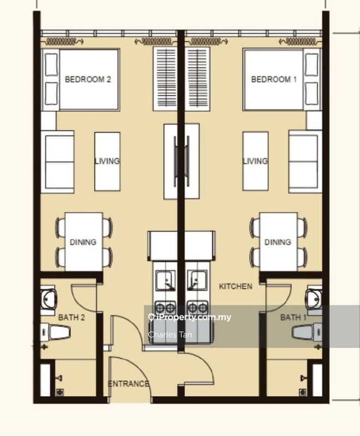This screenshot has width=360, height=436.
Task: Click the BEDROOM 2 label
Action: pyautogui.click(x=88, y=80)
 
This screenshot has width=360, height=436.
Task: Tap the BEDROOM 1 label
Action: pyautogui.click(x=274, y=80)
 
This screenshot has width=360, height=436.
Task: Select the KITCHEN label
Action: pyautogui.click(x=236, y=287)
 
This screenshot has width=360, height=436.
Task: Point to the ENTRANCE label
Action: pyautogui.click(x=129, y=384)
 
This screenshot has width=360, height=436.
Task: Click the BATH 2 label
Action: pyautogui.click(x=71, y=317)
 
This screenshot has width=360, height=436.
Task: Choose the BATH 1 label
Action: pyautogui.click(x=293, y=317)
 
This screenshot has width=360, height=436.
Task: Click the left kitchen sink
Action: pyautogui.click(x=166, y=280)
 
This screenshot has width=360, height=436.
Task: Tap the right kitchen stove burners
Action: pyautogui.click(x=197, y=308)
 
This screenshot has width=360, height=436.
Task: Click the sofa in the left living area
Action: pyautogui.click(x=58, y=162)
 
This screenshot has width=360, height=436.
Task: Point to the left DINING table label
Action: pyautogui.click(x=83, y=242)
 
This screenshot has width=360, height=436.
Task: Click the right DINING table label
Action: pyautogui.click(x=278, y=242)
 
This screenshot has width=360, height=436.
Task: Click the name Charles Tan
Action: pyautogui.click(x=170, y=334)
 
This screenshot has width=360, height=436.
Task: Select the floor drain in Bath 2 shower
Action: pyautogui.click(x=59, y=392)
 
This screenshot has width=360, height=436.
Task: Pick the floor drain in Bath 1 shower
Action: pyautogui.click(x=302, y=392)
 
